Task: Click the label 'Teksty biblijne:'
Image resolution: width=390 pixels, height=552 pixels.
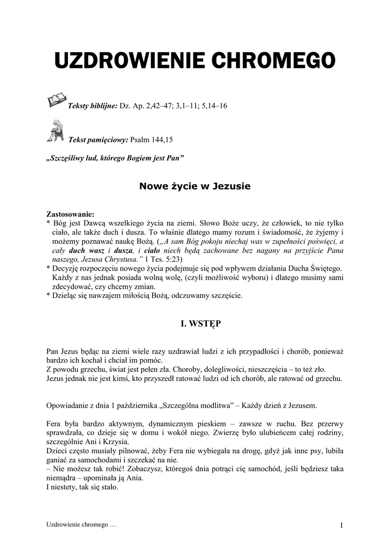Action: point(92,106)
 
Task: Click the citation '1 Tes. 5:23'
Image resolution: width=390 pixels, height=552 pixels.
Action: point(163,259)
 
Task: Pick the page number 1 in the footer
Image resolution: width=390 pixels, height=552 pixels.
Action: point(342,525)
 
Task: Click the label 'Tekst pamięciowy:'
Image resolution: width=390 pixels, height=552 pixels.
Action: point(98,140)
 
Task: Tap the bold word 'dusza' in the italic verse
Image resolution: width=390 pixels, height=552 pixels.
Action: point(123,251)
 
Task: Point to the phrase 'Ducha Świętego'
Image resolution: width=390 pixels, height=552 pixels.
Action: point(314,268)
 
